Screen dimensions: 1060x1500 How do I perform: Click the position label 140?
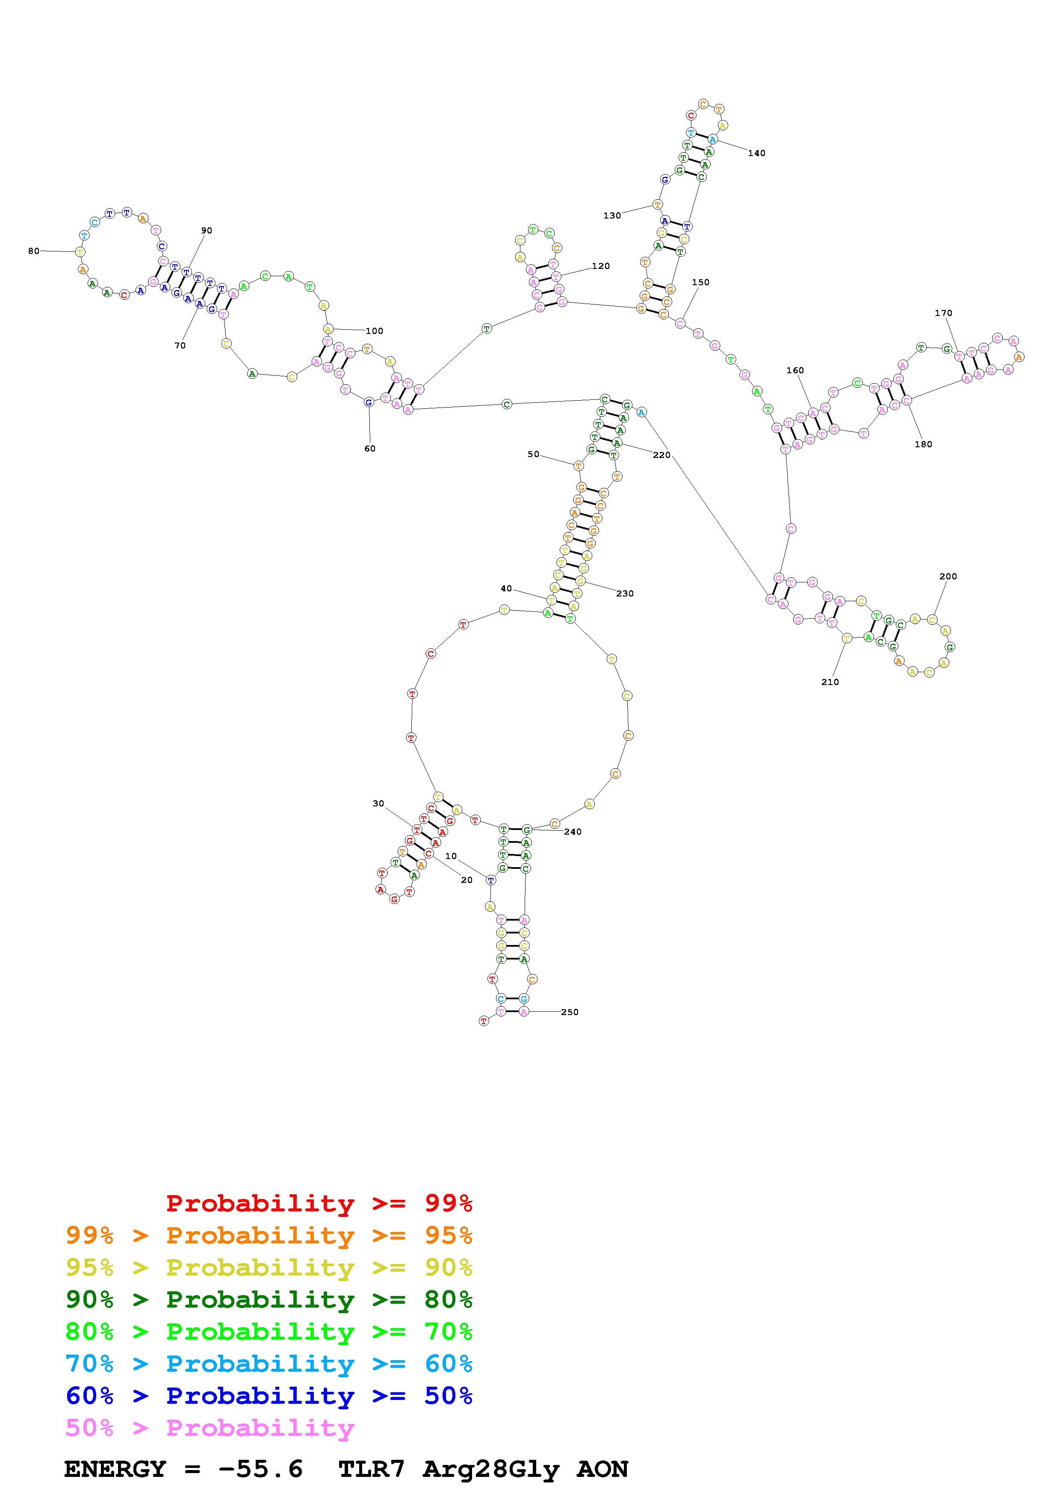pos(756,153)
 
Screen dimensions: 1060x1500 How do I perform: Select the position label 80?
pos(33,251)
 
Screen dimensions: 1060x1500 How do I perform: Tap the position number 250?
pos(570,1012)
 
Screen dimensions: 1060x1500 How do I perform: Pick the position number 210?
pos(830,682)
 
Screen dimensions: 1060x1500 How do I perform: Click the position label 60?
pos(370,449)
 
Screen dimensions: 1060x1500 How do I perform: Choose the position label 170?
pos(943,313)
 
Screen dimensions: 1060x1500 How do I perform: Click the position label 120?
pos(600,266)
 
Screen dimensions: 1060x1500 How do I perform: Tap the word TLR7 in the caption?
pos(372,1469)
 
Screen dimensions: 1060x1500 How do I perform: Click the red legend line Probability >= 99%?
pos(319,1203)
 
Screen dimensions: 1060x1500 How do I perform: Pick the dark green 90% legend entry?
pos(269,1299)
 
